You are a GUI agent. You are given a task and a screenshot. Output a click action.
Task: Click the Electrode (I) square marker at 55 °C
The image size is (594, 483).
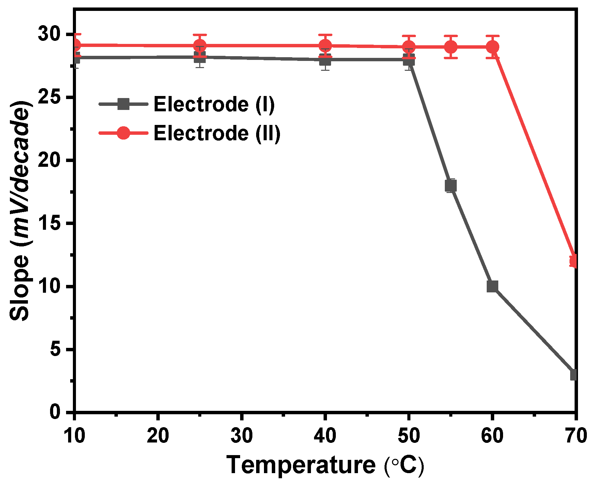(x=450, y=186)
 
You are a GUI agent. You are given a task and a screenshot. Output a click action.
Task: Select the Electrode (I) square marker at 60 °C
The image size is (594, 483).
(x=492, y=286)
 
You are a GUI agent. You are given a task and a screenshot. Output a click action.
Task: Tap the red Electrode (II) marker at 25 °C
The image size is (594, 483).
(x=200, y=45)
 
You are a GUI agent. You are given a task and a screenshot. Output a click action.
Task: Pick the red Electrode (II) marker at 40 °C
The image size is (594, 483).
(x=325, y=45)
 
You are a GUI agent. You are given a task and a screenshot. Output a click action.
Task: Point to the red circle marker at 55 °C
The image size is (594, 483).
(x=450, y=47)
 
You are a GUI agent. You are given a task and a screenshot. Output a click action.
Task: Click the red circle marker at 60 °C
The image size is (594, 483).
(x=492, y=47)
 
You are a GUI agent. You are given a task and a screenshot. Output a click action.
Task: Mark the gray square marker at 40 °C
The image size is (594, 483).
(x=325, y=60)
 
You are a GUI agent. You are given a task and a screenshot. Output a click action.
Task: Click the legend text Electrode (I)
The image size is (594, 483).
(x=214, y=104)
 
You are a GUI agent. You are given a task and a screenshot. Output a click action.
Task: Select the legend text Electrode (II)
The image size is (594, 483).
(x=217, y=133)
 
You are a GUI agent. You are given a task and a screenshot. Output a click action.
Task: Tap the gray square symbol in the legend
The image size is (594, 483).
(x=123, y=104)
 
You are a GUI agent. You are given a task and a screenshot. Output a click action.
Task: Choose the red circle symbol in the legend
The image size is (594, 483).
(x=123, y=133)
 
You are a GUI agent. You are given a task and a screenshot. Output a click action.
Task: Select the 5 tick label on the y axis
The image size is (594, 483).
(x=55, y=350)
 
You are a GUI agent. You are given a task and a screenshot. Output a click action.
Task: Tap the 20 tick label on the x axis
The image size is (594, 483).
(x=158, y=435)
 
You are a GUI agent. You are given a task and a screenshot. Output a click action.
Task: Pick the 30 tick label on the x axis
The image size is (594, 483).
(x=241, y=435)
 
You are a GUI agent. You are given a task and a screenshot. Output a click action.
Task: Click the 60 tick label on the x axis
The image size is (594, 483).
(x=492, y=435)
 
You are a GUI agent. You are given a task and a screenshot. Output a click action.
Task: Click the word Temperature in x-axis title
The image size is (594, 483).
(x=301, y=465)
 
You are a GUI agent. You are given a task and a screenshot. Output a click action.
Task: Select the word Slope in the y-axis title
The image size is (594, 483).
(x=19, y=288)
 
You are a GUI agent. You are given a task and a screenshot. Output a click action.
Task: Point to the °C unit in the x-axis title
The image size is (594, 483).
(x=404, y=465)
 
